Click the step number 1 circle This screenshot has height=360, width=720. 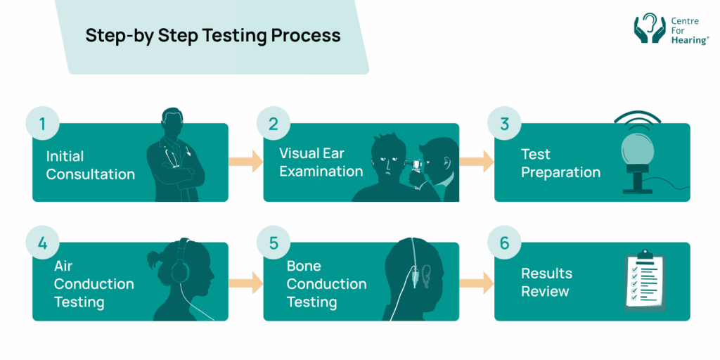pos(42,124)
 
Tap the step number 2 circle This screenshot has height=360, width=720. pos(274,124)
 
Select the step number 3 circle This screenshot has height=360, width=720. pos(504,124)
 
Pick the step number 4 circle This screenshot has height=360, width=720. pos(42,244)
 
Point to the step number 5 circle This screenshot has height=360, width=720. pos(274,244)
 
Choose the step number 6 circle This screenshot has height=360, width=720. pos(504,244)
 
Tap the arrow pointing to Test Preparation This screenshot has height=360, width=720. pos(477,162)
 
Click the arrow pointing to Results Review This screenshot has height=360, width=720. pos(477,282)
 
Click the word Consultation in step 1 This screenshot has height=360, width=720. pos(90,174)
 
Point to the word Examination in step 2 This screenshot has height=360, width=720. pos(321,171)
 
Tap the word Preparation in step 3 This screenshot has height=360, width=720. pos(560,172)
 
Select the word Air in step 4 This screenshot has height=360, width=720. pos(63,266)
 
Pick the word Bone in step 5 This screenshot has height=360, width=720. pos(304,266)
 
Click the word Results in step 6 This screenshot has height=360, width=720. pos(546,274)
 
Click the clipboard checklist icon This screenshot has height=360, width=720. pos(645,281)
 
